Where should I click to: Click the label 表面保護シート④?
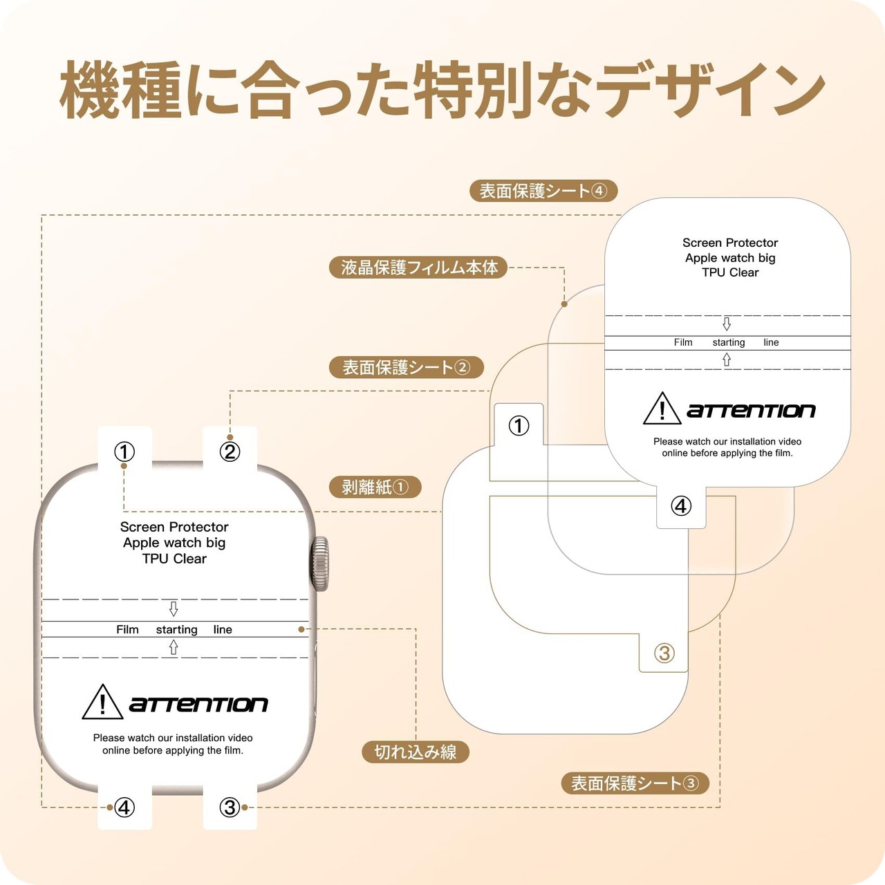543,191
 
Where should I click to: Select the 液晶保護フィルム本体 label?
418,268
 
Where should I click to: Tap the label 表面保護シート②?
406,367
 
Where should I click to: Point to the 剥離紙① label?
375,487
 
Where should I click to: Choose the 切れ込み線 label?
416,752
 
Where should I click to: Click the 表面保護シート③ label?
635,783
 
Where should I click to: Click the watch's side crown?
320,563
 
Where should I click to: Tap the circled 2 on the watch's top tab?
230,451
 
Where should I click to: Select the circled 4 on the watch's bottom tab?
124,807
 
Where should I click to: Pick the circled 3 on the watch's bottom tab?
230,807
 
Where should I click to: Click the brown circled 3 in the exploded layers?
664,653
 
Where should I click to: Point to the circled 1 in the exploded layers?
519,425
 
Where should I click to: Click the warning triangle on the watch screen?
102,702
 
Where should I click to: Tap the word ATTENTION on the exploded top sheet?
751,411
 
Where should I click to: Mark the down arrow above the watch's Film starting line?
174,608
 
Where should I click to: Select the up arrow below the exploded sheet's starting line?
727,360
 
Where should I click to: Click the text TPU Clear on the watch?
174,559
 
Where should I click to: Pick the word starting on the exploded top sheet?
729,342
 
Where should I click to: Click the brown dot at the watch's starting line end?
301,629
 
